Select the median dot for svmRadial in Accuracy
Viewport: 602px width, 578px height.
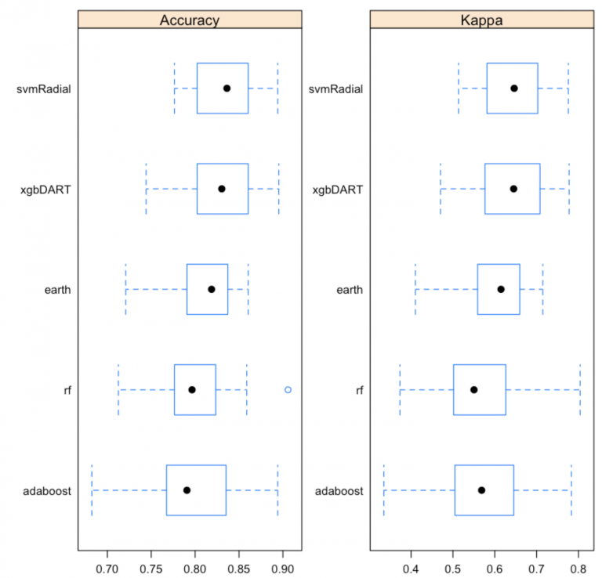[227, 89]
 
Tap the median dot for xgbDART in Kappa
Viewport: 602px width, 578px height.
[513, 189]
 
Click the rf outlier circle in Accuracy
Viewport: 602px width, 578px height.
[288, 389]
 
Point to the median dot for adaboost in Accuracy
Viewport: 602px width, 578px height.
[187, 489]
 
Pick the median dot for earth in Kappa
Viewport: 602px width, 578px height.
[501, 289]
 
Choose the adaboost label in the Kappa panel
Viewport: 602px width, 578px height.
[339, 491]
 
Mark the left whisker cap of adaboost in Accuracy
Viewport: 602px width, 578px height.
[92, 489]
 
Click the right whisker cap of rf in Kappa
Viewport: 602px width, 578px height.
[580, 389]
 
